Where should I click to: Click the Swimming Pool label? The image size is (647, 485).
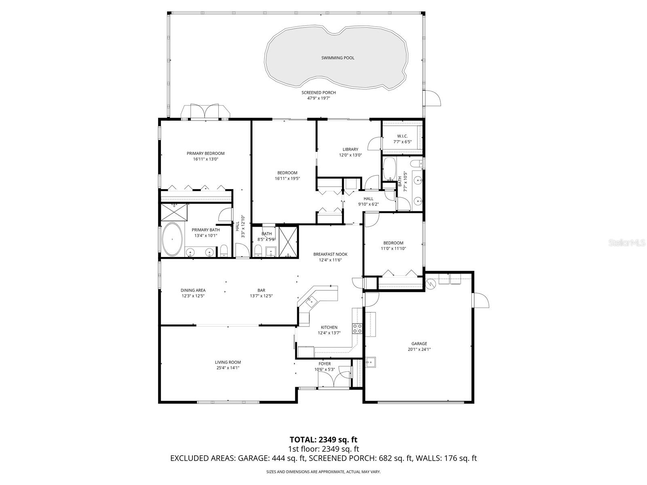point(338,58)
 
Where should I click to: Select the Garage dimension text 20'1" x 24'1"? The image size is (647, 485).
point(419,350)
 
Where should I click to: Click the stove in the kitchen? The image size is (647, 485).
point(357,329)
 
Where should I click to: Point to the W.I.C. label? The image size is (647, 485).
point(402,136)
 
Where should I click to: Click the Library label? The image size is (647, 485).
point(350,150)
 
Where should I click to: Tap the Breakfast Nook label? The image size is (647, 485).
point(330,254)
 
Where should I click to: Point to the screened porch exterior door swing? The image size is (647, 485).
point(433,98)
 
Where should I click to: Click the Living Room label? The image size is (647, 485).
point(228,363)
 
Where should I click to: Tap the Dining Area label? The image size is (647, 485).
point(193,290)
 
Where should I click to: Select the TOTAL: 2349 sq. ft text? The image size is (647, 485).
point(323,439)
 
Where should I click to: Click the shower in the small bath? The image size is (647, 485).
point(288,242)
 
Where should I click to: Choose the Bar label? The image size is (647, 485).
point(261,290)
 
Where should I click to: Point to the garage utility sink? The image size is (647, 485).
point(370,362)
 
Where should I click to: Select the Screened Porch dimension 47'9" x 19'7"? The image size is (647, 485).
point(318,98)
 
